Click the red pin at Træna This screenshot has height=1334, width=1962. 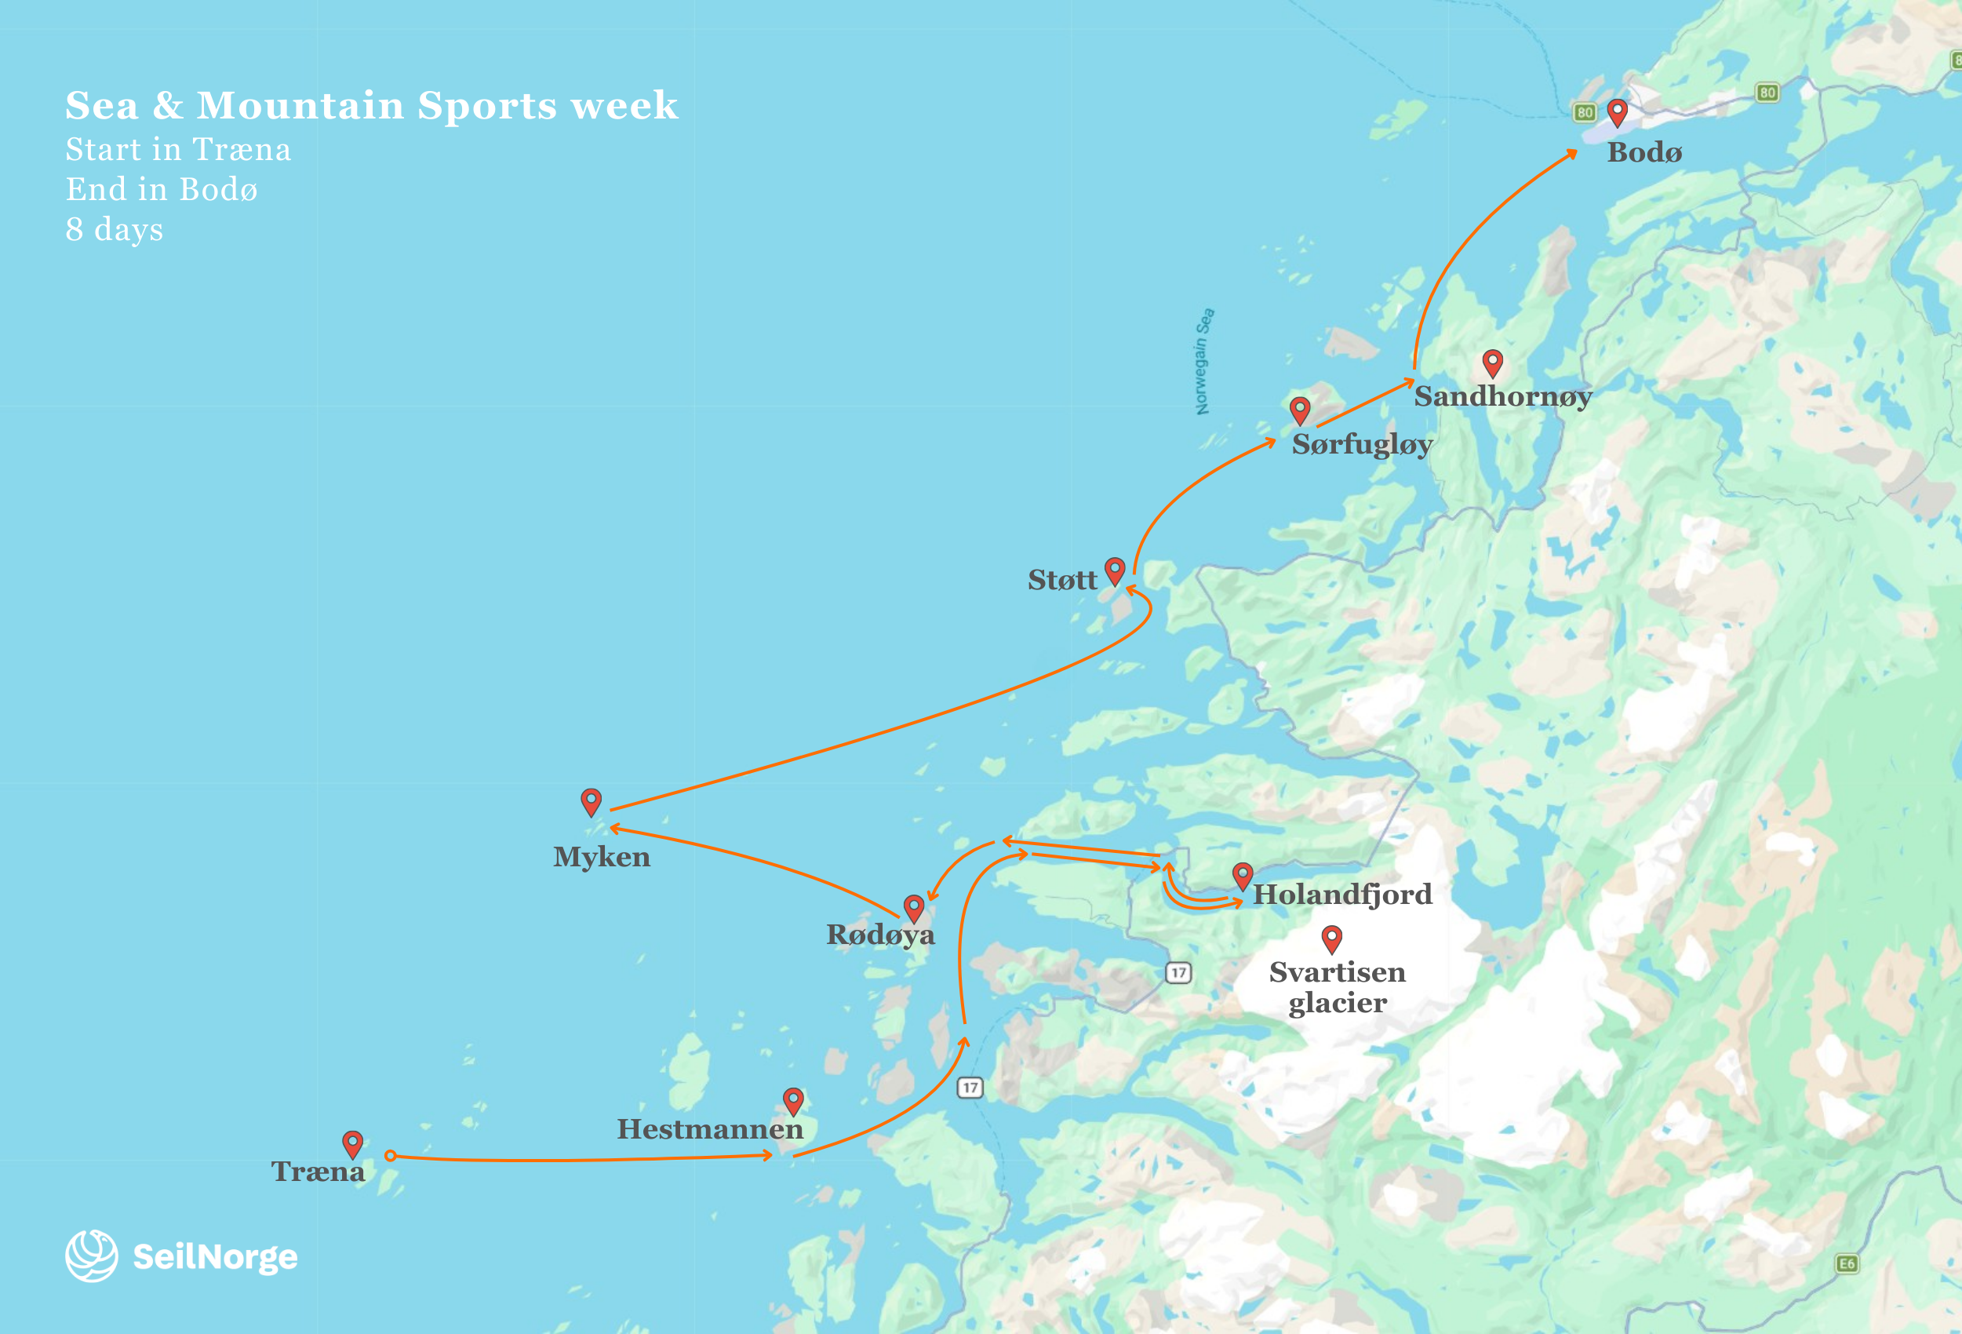pos(353,1143)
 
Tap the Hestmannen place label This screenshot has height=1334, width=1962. pos(710,1129)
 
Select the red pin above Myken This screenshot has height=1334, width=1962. pos(591,800)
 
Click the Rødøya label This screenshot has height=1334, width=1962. pos(880,935)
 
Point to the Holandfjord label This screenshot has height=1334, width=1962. pos(1342,894)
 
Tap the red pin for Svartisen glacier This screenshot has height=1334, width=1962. pos(1332,938)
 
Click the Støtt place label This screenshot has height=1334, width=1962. pos(1062,580)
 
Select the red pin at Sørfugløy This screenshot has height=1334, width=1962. pos(1300,410)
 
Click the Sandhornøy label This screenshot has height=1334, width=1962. pos(1504,396)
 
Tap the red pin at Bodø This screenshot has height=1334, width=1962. pos(1618,111)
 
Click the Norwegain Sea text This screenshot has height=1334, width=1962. pos(1204,362)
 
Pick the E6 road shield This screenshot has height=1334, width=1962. pos(1847,1264)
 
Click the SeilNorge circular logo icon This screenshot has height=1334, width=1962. pos(91,1256)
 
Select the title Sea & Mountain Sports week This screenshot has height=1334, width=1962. pos(372,105)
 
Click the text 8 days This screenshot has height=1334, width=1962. pos(115,229)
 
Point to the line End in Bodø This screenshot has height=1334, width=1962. pos(162,189)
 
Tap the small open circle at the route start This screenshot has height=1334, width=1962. pos(390,1155)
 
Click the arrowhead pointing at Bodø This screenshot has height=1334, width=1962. pos(1572,153)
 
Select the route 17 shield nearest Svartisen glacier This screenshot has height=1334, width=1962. pos(1178,972)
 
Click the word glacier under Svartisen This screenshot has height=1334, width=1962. pos(1338,1003)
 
